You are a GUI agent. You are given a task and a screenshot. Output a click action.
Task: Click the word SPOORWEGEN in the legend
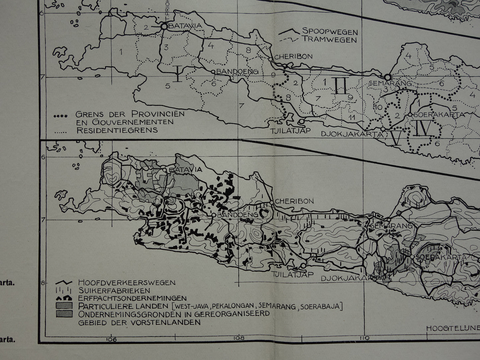click(x=330, y=32)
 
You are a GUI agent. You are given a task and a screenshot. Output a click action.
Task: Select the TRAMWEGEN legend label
click(x=329, y=40)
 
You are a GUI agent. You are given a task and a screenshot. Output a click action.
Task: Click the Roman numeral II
click(x=341, y=86)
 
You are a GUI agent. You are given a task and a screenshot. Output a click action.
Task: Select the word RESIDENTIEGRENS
click(x=117, y=130)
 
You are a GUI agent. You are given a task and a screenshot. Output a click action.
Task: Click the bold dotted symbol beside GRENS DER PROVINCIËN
click(x=61, y=116)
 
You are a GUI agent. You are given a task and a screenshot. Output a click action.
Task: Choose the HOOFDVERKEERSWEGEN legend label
click(x=127, y=283)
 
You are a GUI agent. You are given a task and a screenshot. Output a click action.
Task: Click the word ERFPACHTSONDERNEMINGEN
click(x=132, y=298)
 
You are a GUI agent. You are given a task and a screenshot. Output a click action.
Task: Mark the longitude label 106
click(x=112, y=338)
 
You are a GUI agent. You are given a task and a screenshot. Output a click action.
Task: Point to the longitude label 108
click(x=238, y=338)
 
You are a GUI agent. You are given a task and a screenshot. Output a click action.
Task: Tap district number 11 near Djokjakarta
click(x=352, y=117)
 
